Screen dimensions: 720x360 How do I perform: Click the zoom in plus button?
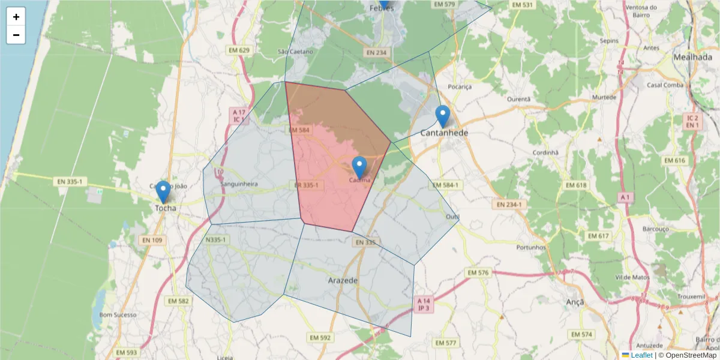16,17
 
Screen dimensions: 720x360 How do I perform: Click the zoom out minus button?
16,35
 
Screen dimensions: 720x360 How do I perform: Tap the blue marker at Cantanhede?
443,116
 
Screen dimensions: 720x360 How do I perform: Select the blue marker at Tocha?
163,192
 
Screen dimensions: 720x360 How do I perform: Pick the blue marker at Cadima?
359,167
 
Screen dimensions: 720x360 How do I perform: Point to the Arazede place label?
343,280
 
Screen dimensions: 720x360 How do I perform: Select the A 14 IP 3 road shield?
424,304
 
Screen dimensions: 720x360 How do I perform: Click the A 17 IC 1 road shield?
239,116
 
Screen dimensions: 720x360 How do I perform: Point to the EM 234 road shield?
377,53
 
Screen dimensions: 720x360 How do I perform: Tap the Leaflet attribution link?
641,355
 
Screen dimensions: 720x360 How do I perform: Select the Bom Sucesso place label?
118,315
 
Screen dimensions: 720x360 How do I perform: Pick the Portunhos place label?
531,247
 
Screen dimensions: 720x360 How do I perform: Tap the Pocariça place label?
460,86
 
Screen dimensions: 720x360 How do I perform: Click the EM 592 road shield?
320,338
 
